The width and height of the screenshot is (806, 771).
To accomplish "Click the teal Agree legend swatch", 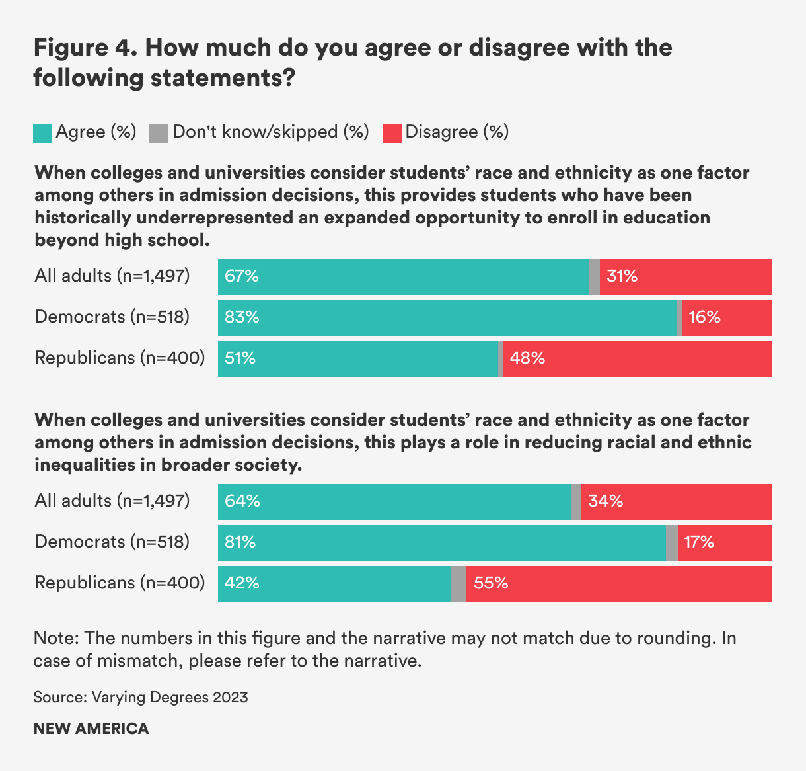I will (42, 134).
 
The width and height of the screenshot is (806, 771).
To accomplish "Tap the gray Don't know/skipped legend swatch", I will (159, 134).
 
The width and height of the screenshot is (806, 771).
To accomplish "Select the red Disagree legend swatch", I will (392, 134).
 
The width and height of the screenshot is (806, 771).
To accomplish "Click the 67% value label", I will (242, 276).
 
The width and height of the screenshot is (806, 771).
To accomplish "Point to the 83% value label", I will (242, 317).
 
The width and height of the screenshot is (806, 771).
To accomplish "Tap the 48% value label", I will (527, 358).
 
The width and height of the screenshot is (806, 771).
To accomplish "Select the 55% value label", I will (491, 583).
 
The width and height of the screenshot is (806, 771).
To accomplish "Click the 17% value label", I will (699, 542).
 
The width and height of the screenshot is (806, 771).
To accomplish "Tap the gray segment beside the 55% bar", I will (458, 584).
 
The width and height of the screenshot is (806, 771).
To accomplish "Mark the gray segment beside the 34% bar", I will (576, 502).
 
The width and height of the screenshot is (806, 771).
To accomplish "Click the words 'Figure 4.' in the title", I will (83, 48).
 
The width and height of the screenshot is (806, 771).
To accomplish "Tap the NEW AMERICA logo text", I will (91, 729).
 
